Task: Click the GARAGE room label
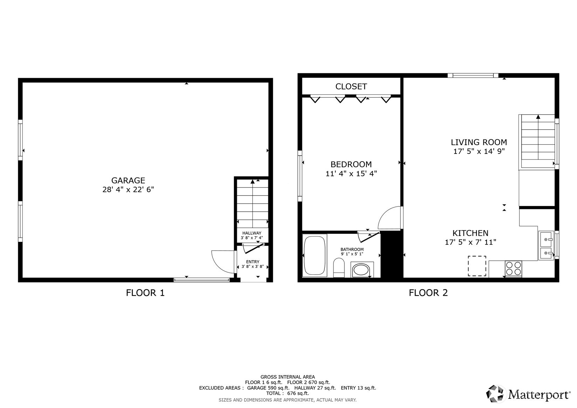coord(128,181)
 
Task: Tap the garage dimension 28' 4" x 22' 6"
coord(128,190)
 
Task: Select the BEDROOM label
coord(351,164)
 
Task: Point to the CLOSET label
coord(351,87)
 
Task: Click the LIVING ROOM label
coord(479,142)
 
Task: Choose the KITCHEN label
coord(470,233)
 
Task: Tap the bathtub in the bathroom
coord(315,256)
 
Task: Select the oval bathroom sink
coord(362,270)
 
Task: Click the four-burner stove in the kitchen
coord(513,269)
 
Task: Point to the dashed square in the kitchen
coord(477,266)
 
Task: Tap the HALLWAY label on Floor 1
coord(252,233)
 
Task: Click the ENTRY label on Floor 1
coord(253,262)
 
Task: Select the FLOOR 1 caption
coord(145,293)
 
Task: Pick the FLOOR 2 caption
coord(428,293)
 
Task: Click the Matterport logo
coord(528,394)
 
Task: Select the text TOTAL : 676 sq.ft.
coord(287,393)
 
